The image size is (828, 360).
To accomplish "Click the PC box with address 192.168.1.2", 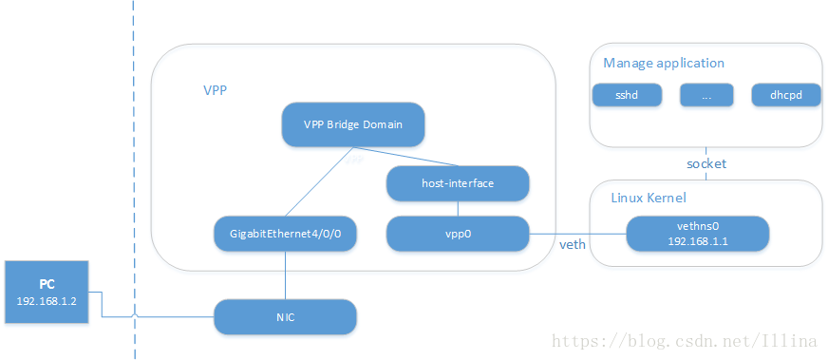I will click(x=47, y=293).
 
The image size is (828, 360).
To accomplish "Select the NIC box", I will click(x=285, y=316).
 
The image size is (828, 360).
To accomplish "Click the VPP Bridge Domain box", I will click(x=352, y=124).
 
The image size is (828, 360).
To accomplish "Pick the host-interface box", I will click(x=457, y=183).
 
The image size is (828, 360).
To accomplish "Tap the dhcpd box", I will click(x=784, y=95).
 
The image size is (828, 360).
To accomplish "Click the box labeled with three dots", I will click(x=705, y=95).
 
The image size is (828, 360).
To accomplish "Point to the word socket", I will click(x=706, y=163).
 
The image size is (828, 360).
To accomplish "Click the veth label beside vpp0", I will click(x=573, y=245).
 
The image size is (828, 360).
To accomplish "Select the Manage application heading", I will click(x=663, y=64).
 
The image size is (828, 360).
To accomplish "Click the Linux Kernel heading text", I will click(x=649, y=198).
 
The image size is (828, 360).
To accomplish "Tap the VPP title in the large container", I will click(x=215, y=90).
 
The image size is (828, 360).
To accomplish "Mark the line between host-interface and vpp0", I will click(x=457, y=208).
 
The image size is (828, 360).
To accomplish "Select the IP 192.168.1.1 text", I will click(x=696, y=241).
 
